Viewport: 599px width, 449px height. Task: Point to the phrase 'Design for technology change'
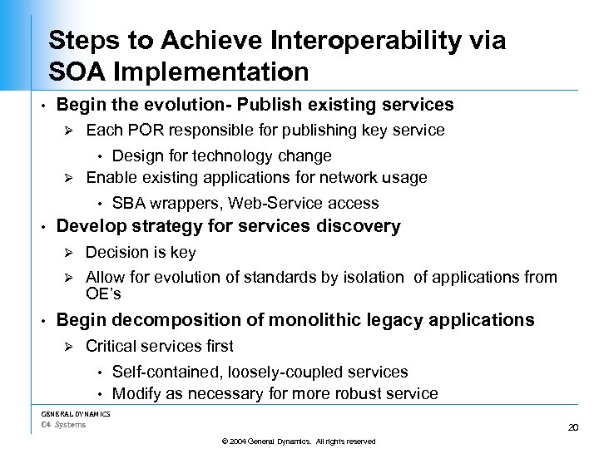221,155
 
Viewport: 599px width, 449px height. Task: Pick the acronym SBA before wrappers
127,203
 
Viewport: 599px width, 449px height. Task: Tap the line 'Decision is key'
141,252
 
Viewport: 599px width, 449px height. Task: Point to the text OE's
104,293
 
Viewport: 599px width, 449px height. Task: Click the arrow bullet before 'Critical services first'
70,346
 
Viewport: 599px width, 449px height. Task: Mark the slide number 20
572,427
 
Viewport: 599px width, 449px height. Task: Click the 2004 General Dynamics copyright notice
299,442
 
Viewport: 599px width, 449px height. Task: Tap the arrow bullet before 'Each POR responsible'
70,131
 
